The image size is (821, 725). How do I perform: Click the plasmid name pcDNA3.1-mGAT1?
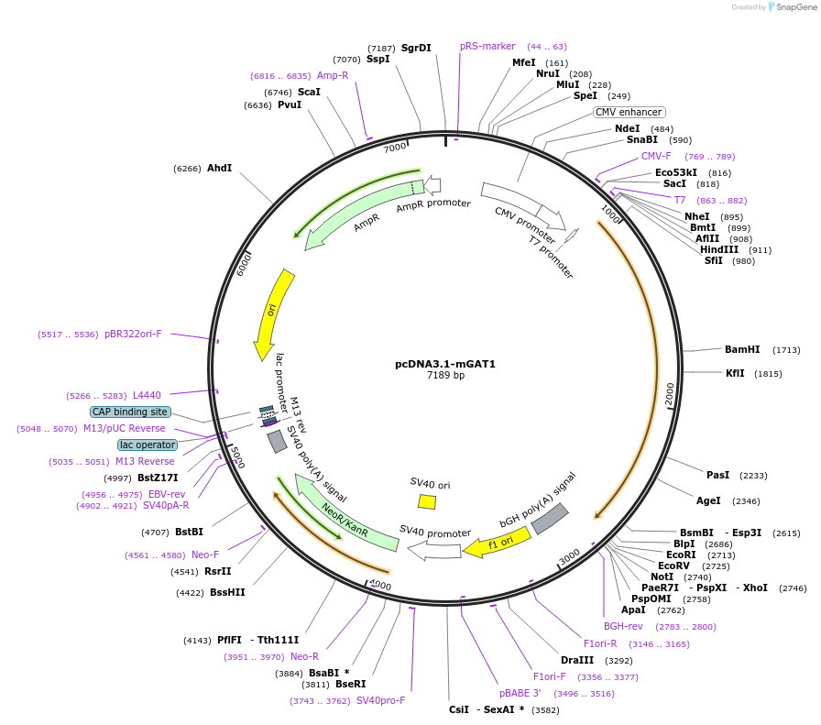click(x=445, y=364)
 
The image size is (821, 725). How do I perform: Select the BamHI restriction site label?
click(x=742, y=349)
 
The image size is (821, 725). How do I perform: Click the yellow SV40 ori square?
click(x=427, y=501)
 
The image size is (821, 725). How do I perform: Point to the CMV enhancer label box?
click(x=629, y=112)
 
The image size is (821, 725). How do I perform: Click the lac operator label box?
click(x=148, y=445)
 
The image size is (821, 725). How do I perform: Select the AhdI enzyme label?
click(x=219, y=168)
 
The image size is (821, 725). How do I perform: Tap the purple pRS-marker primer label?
click(x=487, y=46)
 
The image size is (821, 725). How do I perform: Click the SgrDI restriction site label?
click(x=416, y=48)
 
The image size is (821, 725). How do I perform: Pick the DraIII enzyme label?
click(x=577, y=660)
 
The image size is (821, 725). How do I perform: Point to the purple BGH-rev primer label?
click(x=623, y=626)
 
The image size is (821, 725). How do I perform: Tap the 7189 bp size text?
click(x=445, y=376)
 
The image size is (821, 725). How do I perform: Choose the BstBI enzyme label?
click(x=189, y=532)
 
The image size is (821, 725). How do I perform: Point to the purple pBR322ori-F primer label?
click(x=133, y=335)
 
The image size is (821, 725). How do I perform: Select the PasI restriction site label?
click(x=718, y=475)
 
